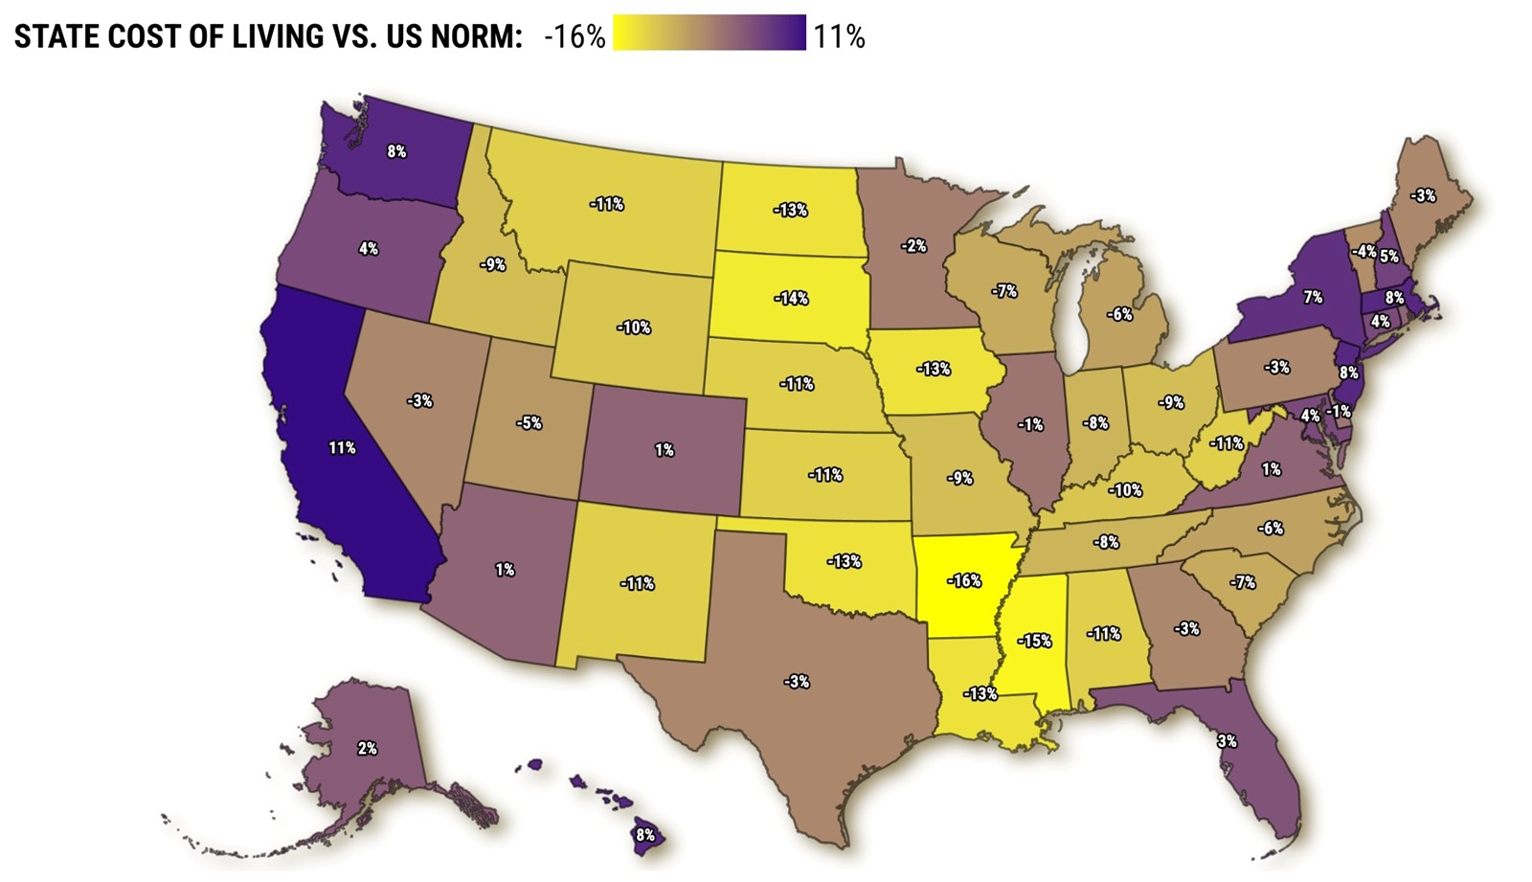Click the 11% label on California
click(x=342, y=447)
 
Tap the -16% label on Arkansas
click(x=964, y=580)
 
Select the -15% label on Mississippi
click(x=1034, y=641)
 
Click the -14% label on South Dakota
click(x=791, y=298)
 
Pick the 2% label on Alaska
click(x=367, y=748)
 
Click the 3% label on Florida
click(x=1227, y=741)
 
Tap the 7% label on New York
click(x=1312, y=298)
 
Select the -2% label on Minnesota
click(x=913, y=246)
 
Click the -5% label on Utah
click(x=529, y=422)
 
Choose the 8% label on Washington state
click(x=396, y=151)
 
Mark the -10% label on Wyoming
click(x=633, y=328)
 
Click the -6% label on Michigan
click(x=1119, y=314)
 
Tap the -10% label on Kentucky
click(x=1125, y=490)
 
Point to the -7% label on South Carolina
click(x=1242, y=581)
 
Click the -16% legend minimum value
click(x=574, y=36)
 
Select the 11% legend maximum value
click(x=839, y=36)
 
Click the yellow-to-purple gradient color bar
click(x=710, y=33)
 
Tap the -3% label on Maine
click(x=1422, y=195)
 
